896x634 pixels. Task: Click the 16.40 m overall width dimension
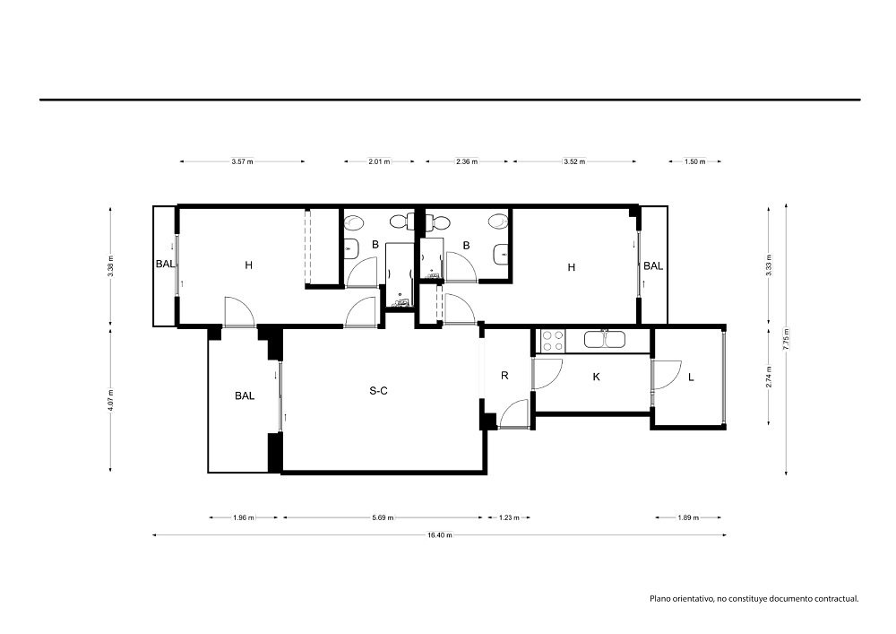(x=439, y=535)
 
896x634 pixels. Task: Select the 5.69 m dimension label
(x=383, y=518)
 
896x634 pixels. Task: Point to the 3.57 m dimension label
(x=242, y=161)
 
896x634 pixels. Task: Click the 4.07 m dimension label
(x=110, y=399)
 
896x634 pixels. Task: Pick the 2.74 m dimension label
(x=769, y=377)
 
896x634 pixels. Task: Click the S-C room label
(x=378, y=391)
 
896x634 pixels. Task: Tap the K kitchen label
(x=597, y=377)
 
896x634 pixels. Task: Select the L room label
(x=691, y=377)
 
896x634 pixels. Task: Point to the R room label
(x=504, y=376)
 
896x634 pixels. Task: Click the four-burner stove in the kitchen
(x=553, y=341)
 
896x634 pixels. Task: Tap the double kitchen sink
(x=605, y=340)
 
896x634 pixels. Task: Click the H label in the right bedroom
(x=572, y=267)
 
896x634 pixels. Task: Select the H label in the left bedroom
(x=248, y=265)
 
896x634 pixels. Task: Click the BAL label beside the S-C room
(x=245, y=395)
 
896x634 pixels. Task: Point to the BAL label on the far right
(x=653, y=265)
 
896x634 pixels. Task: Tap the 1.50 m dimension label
(x=695, y=161)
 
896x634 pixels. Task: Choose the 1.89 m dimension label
(x=688, y=518)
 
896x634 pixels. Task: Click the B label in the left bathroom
(x=375, y=245)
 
